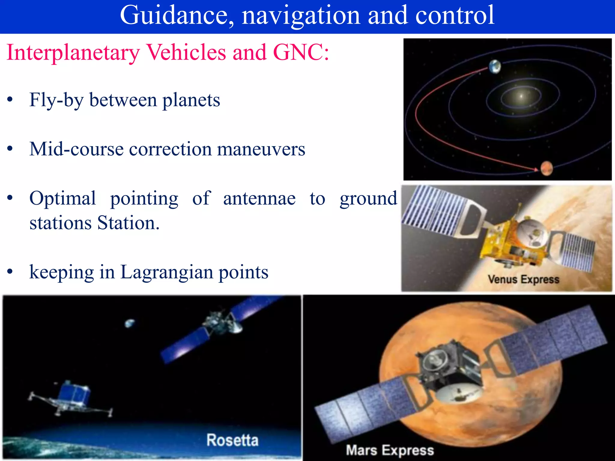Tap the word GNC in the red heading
tap(300, 53)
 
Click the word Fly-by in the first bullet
tap(56, 100)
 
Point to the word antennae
tap(259, 199)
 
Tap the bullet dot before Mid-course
tap(10, 149)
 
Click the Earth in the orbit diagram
tap(495, 66)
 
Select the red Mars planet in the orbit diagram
tap(547, 169)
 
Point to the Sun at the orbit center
tap(521, 96)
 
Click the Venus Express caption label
tap(523, 279)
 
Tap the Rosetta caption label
tap(232, 440)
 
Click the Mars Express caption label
tap(390, 450)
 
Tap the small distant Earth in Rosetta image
tap(130, 323)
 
